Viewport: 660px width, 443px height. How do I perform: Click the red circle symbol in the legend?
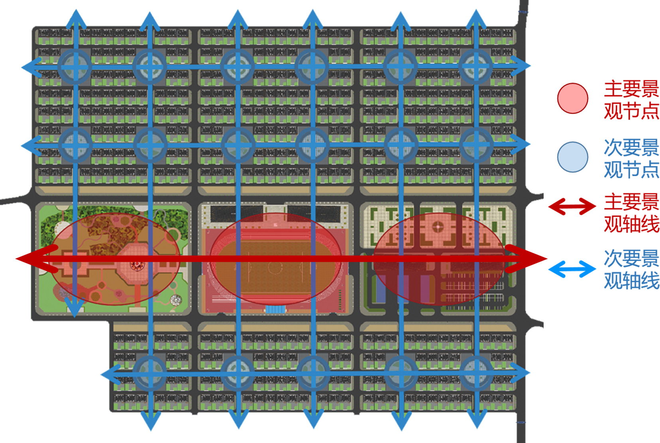click(x=572, y=98)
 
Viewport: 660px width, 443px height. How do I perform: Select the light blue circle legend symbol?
click(x=572, y=157)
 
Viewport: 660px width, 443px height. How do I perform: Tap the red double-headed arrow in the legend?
click(x=572, y=206)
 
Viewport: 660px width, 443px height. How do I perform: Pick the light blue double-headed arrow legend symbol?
click(x=572, y=269)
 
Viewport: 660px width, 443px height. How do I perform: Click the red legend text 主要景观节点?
click(x=631, y=100)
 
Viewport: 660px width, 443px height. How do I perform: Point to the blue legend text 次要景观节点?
click(x=631, y=159)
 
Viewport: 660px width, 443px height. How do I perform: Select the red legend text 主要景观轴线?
click(x=631, y=213)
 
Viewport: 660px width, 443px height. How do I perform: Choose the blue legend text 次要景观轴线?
click(x=631, y=270)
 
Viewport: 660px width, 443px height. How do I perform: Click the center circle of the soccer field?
click(x=275, y=267)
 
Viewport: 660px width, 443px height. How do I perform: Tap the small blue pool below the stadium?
click(x=275, y=309)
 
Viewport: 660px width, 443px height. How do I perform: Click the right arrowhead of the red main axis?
click(x=526, y=259)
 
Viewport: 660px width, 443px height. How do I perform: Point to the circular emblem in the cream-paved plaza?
click(x=438, y=226)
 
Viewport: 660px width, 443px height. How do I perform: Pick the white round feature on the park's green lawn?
click(x=176, y=300)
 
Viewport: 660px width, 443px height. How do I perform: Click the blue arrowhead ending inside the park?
click(x=75, y=307)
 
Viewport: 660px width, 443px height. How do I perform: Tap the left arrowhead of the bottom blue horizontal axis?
click(x=111, y=375)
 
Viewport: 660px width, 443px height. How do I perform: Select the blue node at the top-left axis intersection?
click(x=75, y=67)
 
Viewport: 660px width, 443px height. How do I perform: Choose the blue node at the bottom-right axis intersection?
click(x=476, y=373)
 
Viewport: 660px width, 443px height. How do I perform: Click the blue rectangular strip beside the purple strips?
click(x=381, y=289)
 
